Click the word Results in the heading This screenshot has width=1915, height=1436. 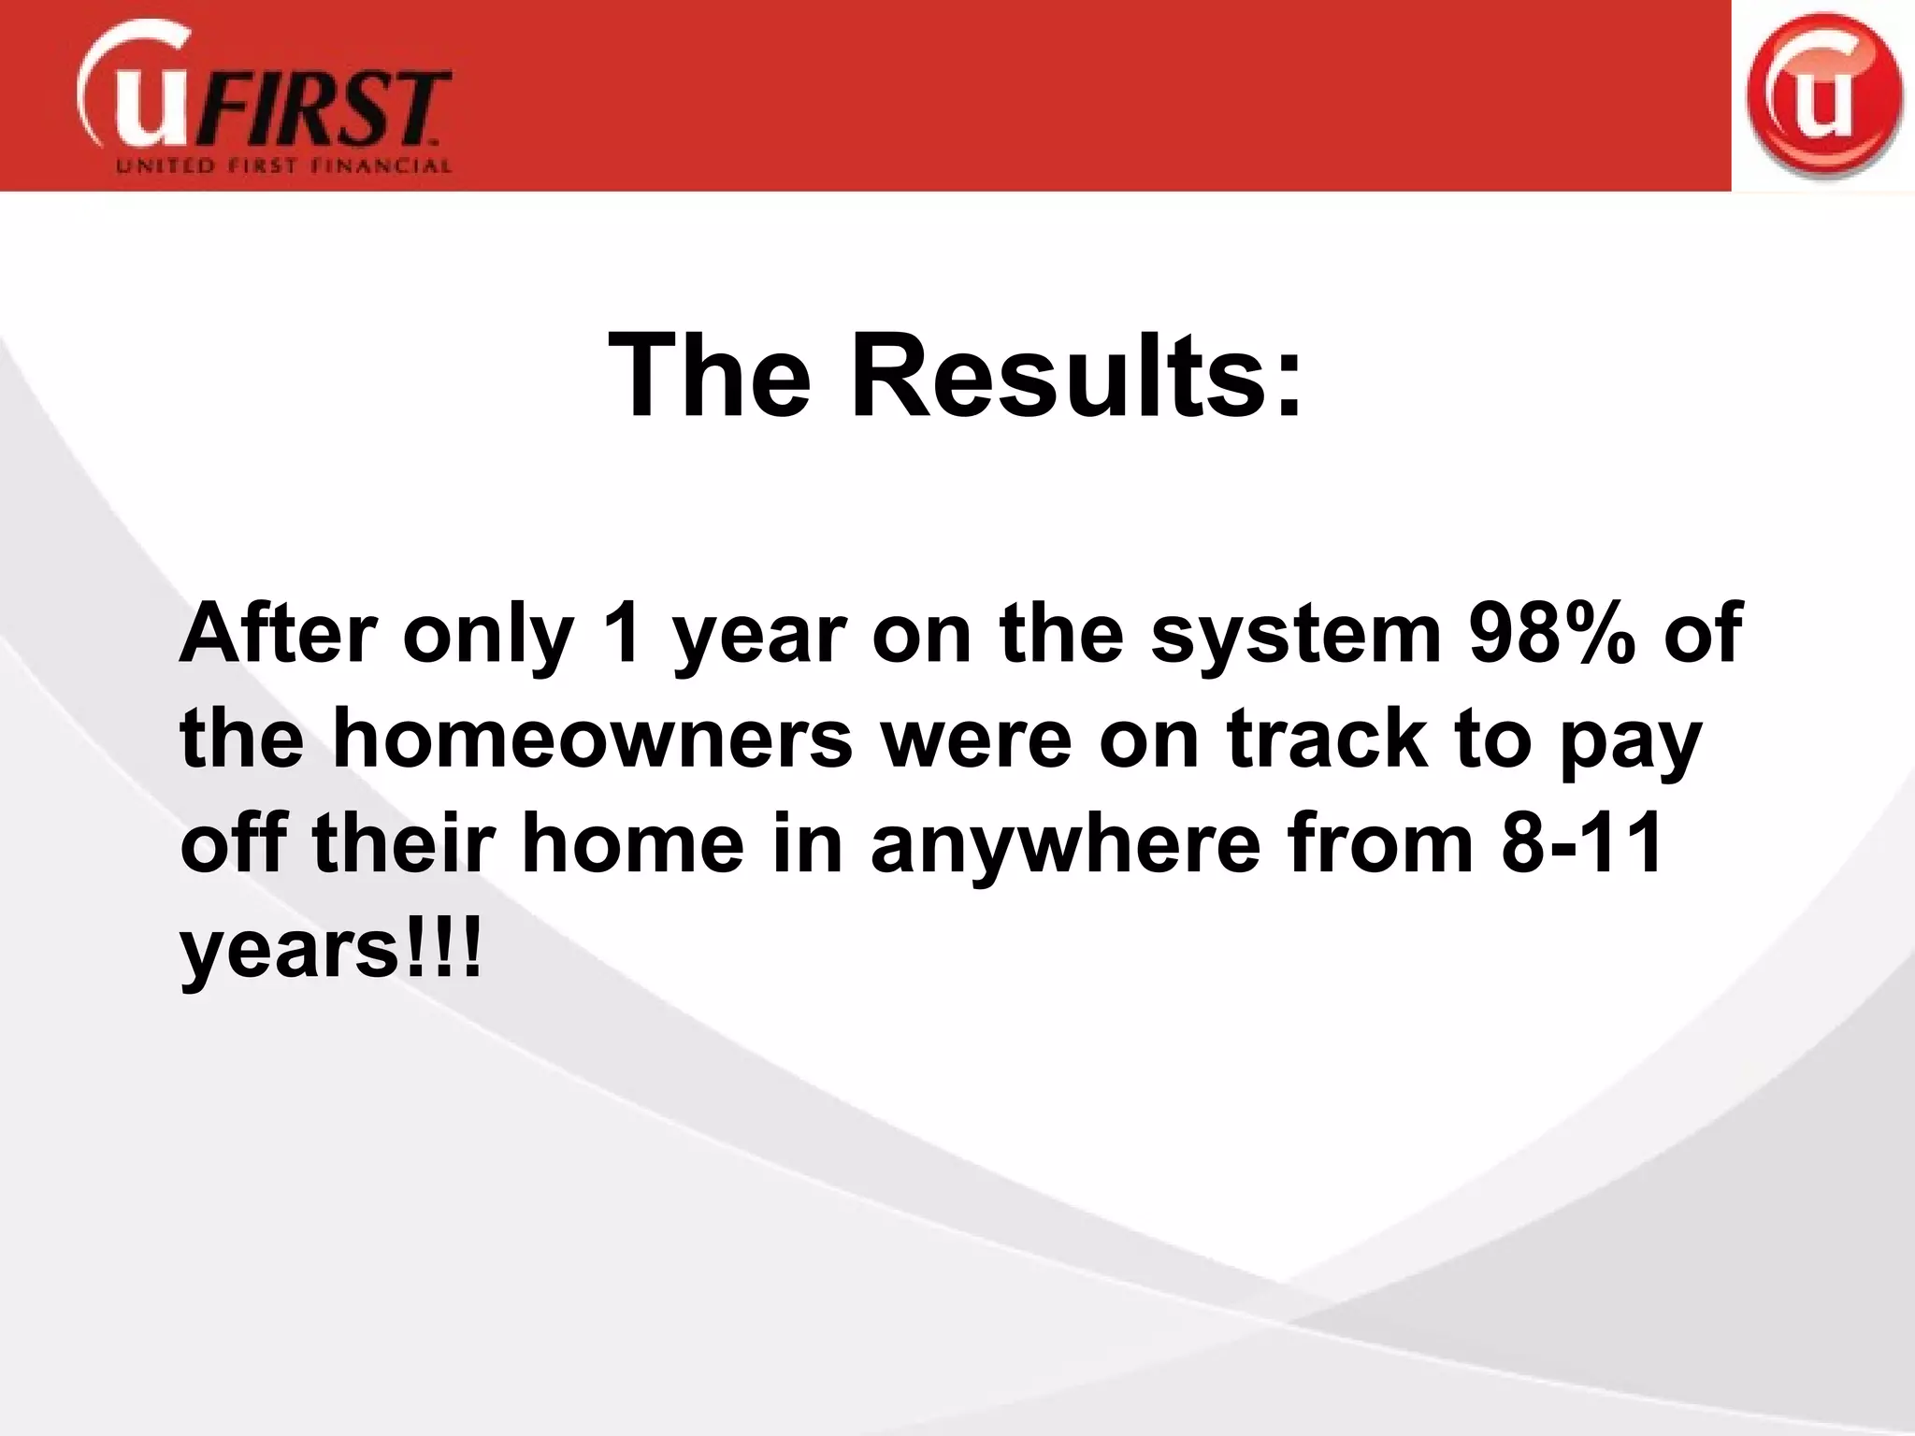click(x=1075, y=377)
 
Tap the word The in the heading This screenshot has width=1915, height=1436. click(x=710, y=377)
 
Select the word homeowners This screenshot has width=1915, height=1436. click(x=593, y=740)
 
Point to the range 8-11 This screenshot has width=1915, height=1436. click(x=1580, y=844)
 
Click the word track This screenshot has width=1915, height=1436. click(x=1328, y=740)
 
